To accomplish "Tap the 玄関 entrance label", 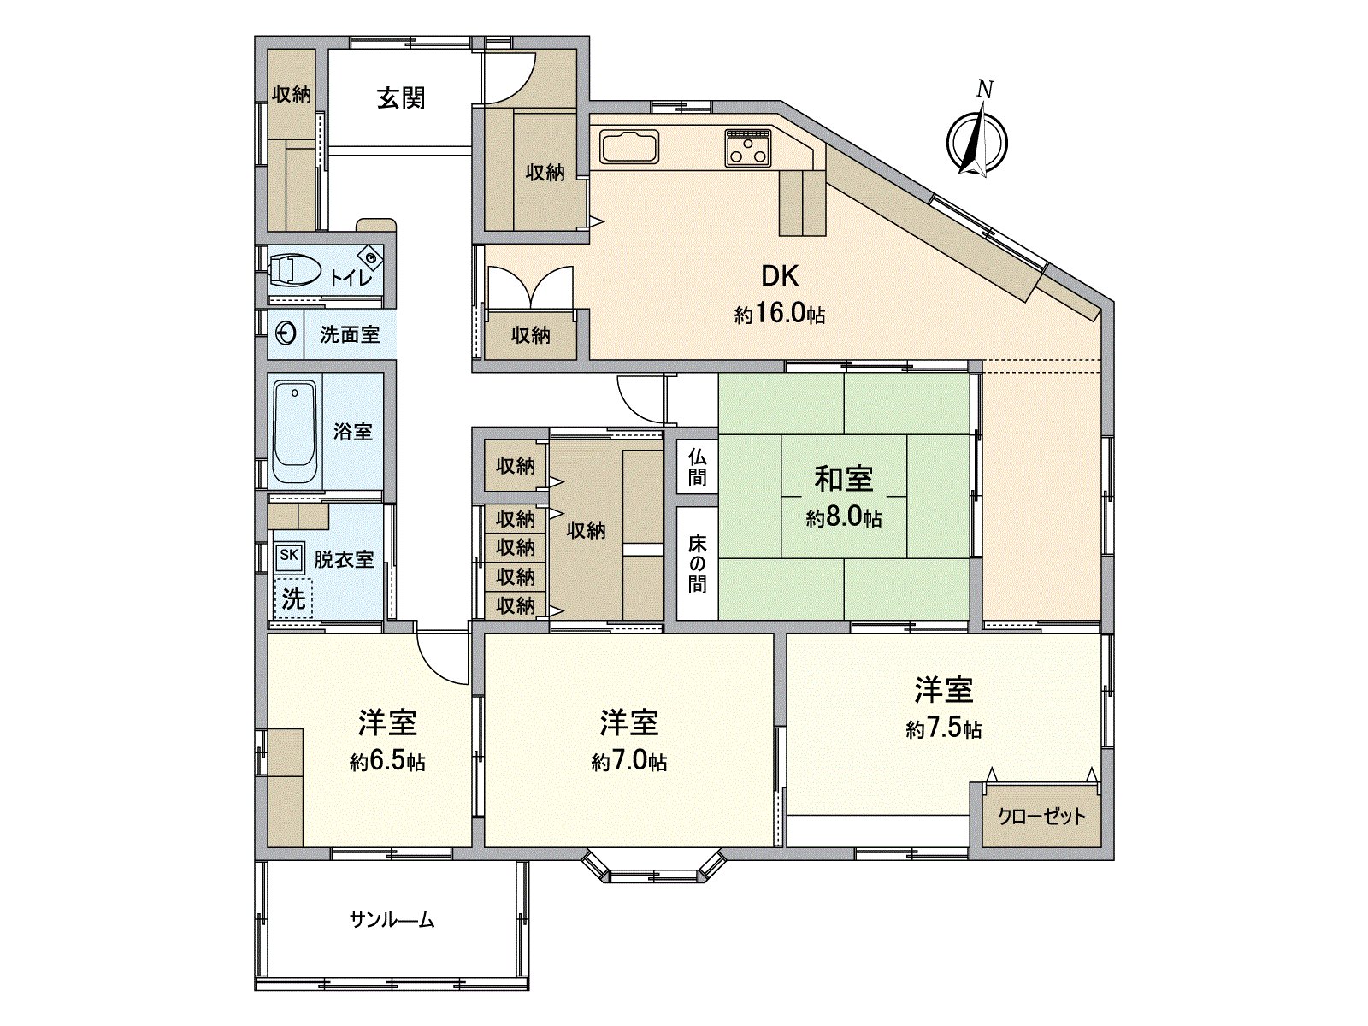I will click(401, 98).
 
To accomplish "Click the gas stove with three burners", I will click(748, 148).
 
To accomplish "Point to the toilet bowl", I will click(292, 270).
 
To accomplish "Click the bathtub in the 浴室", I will click(295, 433).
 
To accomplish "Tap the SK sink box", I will click(289, 555).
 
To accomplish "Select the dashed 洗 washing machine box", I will click(293, 598).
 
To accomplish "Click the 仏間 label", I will click(697, 467).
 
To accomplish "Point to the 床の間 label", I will click(697, 563).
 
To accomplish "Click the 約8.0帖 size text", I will click(843, 518).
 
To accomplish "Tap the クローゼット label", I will click(1041, 817).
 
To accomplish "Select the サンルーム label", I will click(392, 921).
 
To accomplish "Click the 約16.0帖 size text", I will click(779, 314).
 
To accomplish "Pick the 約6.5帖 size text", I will click(387, 762).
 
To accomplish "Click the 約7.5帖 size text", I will click(943, 729).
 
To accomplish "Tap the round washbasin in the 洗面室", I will click(286, 333).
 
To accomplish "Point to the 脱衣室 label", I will click(344, 559).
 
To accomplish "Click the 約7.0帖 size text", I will click(628, 762).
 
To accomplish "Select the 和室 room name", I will click(843, 479).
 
